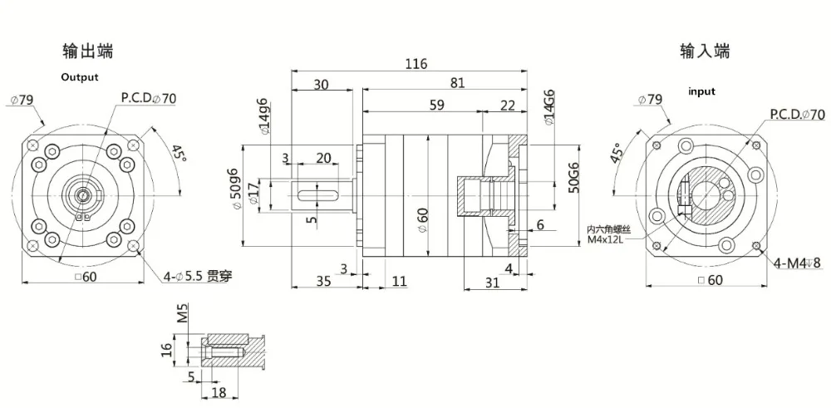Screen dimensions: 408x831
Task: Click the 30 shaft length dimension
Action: (320, 84)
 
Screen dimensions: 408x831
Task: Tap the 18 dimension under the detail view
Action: (221, 391)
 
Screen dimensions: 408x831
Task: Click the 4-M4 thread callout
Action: (797, 264)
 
